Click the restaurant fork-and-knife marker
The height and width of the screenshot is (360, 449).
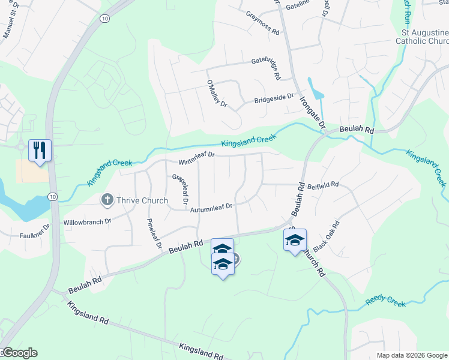(40, 150)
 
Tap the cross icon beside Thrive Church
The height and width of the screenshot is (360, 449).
(107, 199)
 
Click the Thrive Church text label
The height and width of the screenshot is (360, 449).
(137, 199)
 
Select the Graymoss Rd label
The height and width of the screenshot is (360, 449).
(263, 22)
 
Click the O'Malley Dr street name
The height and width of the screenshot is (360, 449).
(217, 94)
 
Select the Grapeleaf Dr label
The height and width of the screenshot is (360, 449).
(180, 188)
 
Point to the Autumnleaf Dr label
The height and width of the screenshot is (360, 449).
(211, 208)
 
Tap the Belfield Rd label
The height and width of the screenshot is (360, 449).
(324, 186)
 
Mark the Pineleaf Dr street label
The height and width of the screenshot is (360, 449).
(155, 233)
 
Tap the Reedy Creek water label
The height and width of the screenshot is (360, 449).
(388, 301)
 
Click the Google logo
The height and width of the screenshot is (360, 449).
(19, 353)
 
